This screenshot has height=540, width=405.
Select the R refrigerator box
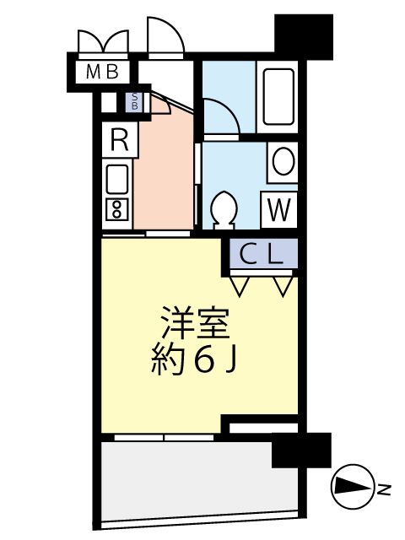pyautogui.click(x=119, y=140)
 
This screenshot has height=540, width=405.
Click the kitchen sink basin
pyautogui.click(x=116, y=179)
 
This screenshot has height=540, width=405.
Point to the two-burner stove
pyautogui.click(x=116, y=208)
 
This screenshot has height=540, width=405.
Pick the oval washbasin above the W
pyautogui.click(x=283, y=161)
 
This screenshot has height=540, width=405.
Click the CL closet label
pyautogui.click(x=261, y=254)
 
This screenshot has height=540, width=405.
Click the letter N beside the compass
pyautogui.click(x=384, y=489)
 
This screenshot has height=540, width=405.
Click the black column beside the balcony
pyautogui.click(x=301, y=451)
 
